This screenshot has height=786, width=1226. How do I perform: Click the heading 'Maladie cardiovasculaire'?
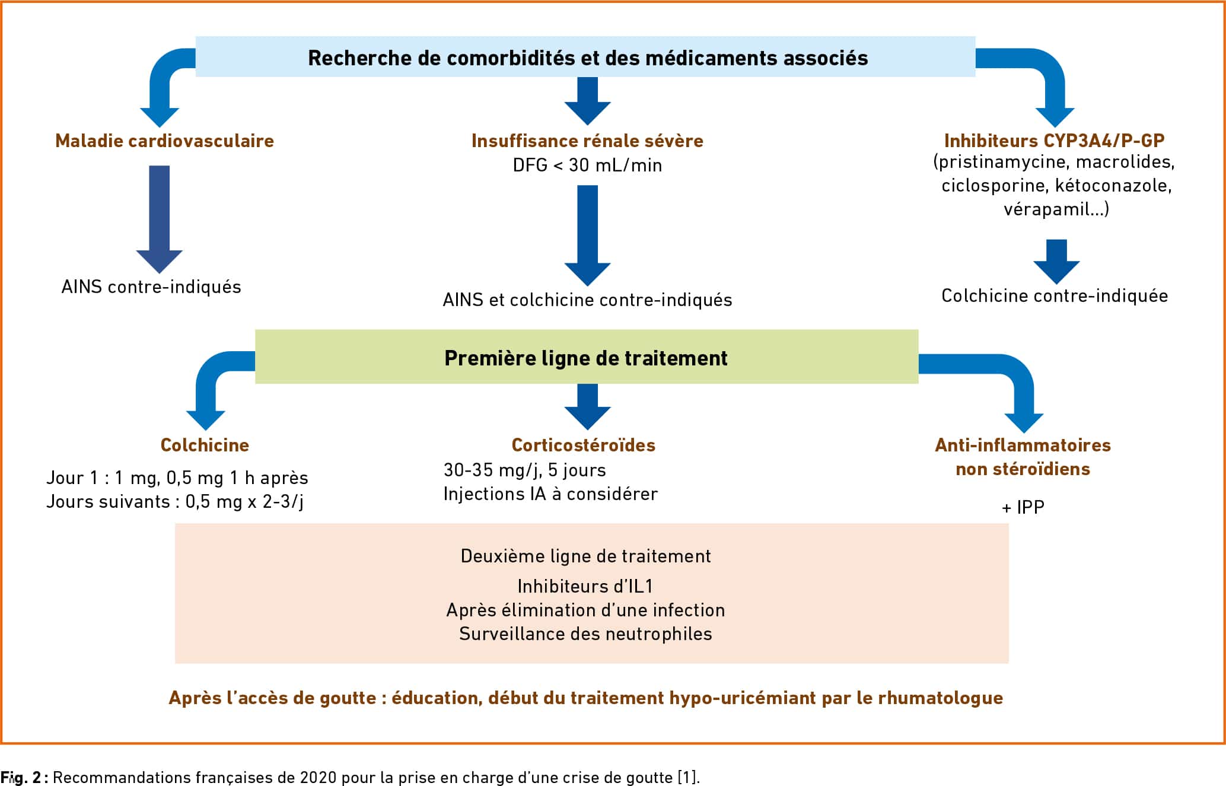point(164,141)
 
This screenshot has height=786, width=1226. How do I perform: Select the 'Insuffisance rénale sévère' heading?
point(587,141)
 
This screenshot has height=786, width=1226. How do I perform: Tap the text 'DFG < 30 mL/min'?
point(587,165)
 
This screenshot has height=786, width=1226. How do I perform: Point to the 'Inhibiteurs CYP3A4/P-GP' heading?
point(1054,141)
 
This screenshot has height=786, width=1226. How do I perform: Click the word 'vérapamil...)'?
point(1056,209)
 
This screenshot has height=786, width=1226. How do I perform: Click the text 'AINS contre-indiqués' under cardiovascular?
point(151,287)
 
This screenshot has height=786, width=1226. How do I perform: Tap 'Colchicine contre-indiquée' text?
point(1055,296)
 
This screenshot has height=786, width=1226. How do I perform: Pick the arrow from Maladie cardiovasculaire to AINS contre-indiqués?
point(160,219)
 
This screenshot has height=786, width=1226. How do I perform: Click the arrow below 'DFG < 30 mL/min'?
point(587,236)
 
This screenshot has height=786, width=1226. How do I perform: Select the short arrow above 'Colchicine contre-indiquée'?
point(1056,262)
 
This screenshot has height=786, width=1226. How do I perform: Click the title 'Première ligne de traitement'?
point(586,358)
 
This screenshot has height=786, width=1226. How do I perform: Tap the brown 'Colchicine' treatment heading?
point(205,445)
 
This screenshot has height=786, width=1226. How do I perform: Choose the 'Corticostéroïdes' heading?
point(584,445)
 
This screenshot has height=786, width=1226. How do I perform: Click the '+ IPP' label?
point(1023,507)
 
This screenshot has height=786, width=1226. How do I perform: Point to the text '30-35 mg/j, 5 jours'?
point(525,470)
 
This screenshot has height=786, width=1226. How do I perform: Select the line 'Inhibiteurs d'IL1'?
point(585,586)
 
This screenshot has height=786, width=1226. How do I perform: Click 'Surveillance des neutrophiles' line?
point(585,634)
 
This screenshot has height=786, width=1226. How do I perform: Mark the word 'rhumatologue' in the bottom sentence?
point(940,698)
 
